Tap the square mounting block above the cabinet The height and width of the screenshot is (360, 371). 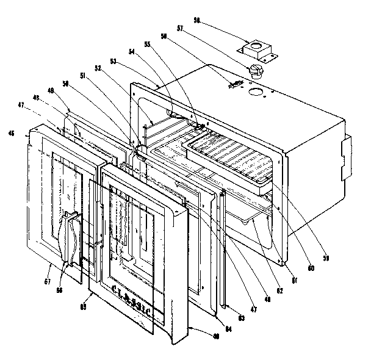click(x=258, y=49)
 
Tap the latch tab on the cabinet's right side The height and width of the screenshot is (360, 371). click(x=346, y=149)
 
